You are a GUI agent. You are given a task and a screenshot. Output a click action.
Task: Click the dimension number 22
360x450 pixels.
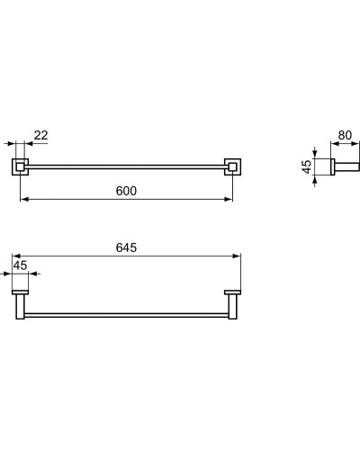click(x=40, y=135)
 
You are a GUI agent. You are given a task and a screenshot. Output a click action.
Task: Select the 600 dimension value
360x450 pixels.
click(x=126, y=191)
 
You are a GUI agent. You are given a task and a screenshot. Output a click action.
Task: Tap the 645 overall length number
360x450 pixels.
click(x=126, y=248)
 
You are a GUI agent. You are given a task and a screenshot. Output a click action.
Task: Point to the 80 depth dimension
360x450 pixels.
click(x=345, y=136)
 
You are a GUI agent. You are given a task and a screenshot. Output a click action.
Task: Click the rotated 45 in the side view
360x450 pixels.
click(x=307, y=166)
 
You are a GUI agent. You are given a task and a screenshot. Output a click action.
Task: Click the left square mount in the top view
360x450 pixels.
click(x=20, y=166)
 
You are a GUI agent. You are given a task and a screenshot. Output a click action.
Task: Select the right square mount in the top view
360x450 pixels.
click(x=232, y=166)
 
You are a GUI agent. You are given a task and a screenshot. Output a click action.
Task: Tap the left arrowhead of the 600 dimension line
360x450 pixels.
click(x=22, y=199)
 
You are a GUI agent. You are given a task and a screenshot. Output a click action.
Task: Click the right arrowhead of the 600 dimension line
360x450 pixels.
click(x=229, y=199)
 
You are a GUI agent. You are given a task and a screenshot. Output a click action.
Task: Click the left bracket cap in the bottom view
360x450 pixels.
click(x=20, y=292)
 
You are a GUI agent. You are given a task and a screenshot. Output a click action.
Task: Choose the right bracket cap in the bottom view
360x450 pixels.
click(x=232, y=292)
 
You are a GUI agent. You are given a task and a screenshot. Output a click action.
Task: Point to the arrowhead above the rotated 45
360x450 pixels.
click(x=316, y=154)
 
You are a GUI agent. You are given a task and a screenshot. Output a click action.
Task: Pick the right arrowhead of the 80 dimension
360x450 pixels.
click(x=355, y=143)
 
